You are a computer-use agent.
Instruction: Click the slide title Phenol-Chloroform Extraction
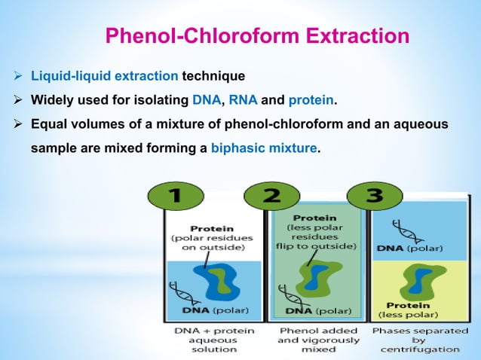pos(257,35)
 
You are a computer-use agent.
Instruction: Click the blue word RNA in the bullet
pos(243,100)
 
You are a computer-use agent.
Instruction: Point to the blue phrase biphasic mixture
pos(264,149)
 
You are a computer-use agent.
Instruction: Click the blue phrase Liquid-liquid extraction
pos(103,76)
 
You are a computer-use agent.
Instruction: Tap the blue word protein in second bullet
pos(311,100)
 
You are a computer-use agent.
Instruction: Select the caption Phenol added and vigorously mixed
pos(318,339)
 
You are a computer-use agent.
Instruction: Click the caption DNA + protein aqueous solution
pos(213,339)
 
